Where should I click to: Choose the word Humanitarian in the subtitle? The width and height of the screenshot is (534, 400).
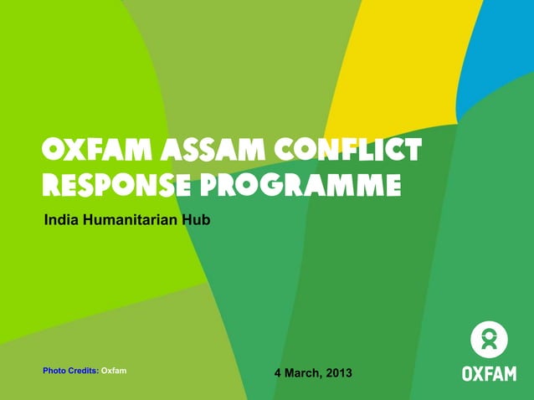131,220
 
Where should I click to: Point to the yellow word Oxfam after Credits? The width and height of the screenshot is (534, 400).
114,369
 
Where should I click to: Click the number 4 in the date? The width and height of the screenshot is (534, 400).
279,372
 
